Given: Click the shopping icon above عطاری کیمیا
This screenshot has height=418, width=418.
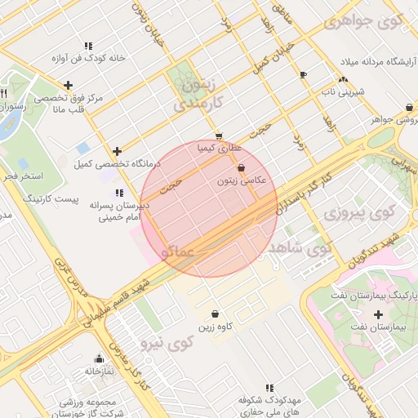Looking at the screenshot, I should (218, 136).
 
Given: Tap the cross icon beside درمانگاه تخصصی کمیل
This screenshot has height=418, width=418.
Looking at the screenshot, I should (118, 151).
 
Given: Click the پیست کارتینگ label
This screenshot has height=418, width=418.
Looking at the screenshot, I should (51, 198).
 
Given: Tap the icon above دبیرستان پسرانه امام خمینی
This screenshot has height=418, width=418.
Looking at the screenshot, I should (119, 193).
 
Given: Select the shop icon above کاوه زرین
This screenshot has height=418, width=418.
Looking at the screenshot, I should (215, 314).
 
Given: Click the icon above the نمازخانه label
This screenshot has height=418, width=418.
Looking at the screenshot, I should (99, 358).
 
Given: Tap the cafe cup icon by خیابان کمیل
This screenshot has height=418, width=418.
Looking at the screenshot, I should (303, 74).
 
